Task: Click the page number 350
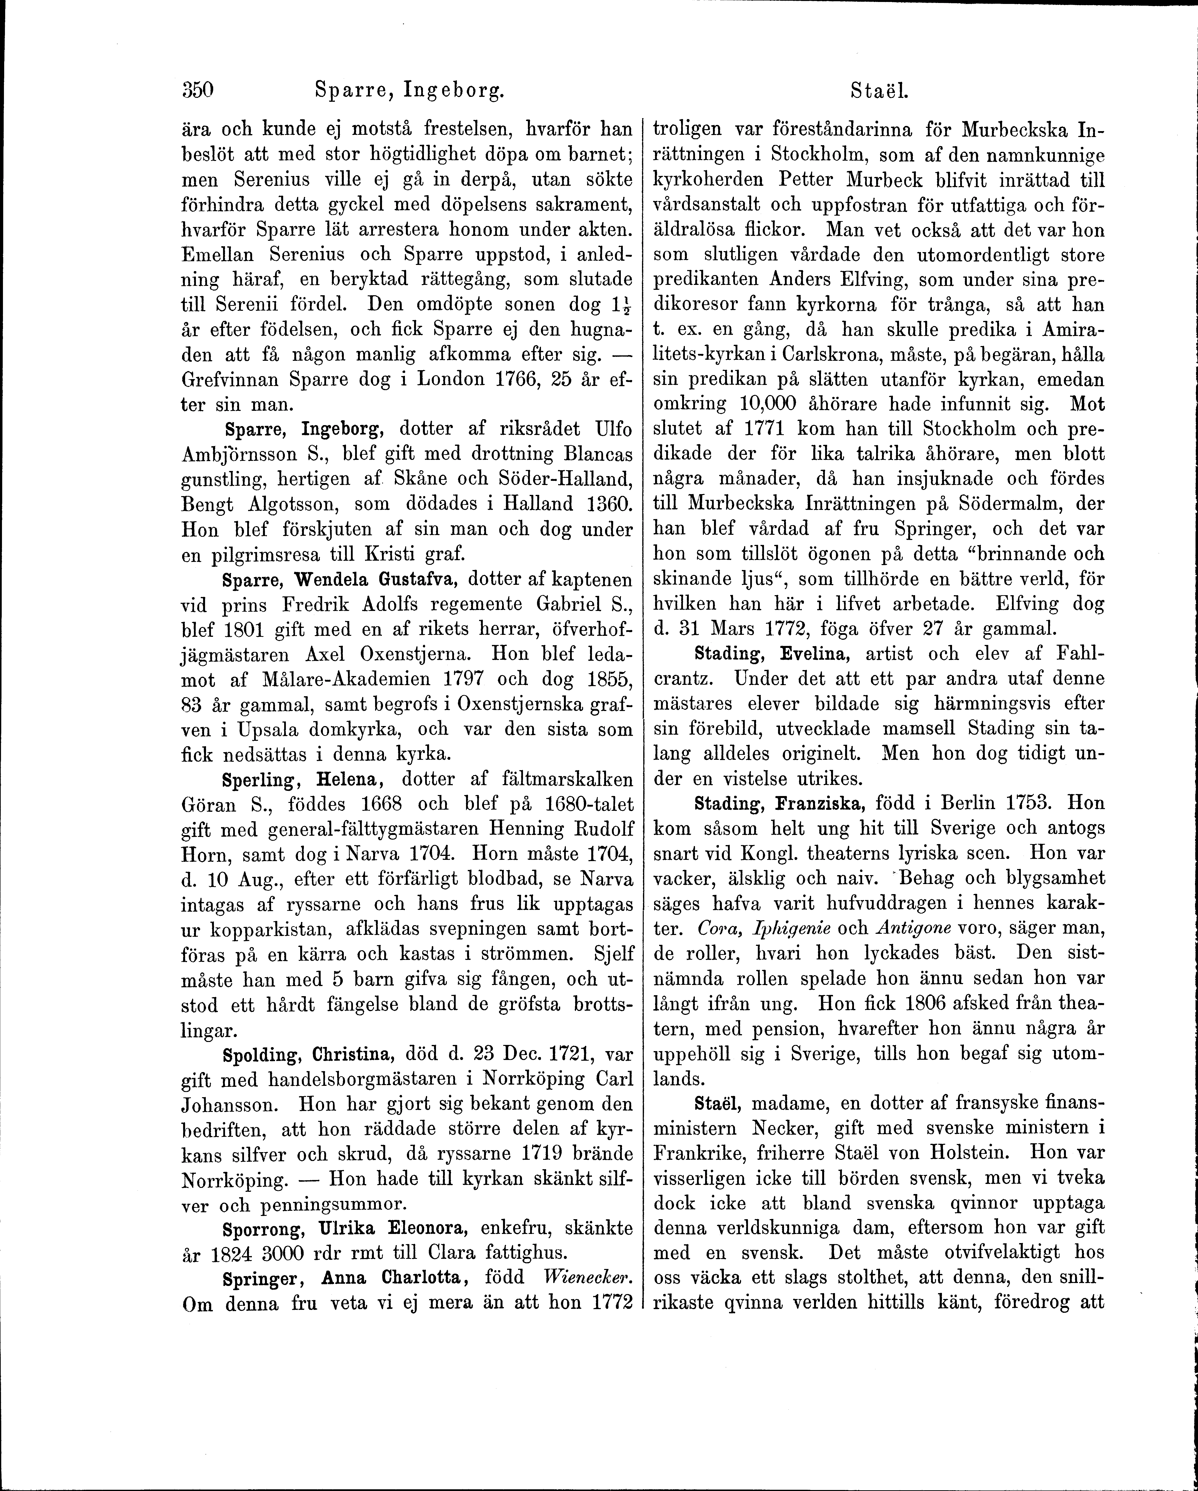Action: pos(199,90)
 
